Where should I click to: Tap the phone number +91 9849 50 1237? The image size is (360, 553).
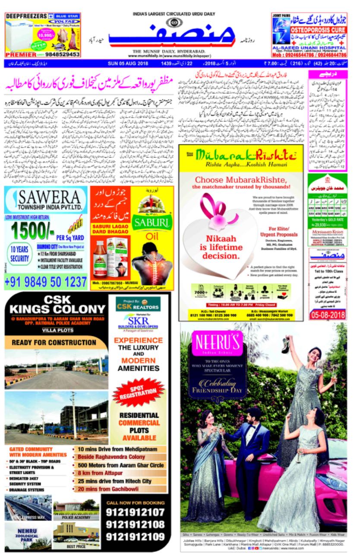tap(46, 282)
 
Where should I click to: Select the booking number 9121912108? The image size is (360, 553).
tap(135, 524)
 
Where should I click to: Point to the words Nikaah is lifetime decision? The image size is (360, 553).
tap(218, 248)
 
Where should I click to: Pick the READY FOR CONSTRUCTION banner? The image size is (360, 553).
tap(54, 343)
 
